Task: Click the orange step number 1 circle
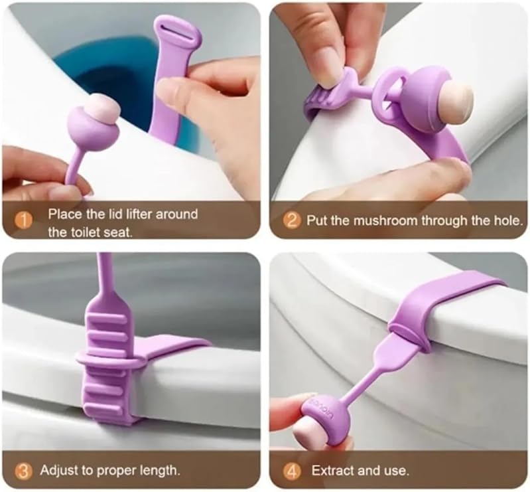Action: (x=24, y=220)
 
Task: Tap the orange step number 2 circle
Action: (x=291, y=220)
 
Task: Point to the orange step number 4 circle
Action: (x=292, y=471)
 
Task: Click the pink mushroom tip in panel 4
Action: (x=308, y=436)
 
